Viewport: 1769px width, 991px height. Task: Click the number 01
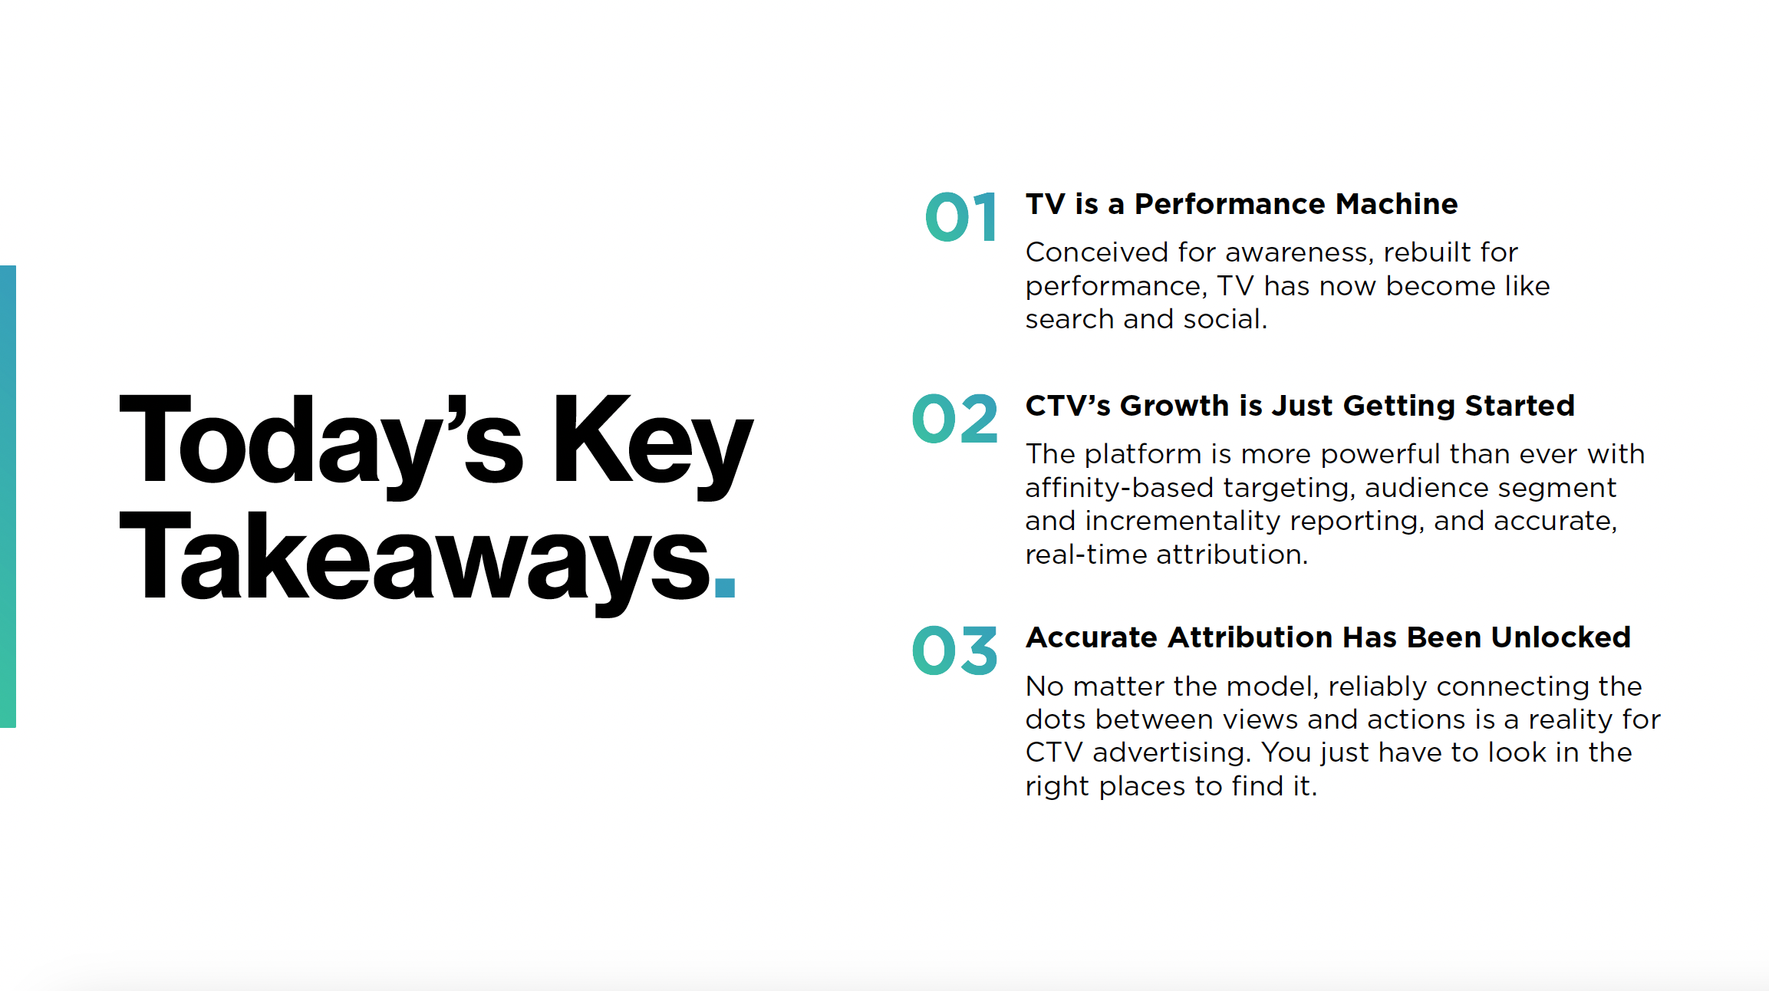960,217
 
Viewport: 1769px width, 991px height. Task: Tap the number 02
954,419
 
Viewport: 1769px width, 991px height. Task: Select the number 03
954,651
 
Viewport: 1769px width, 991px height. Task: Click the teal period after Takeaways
724,587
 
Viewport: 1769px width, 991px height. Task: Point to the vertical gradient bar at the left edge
8,496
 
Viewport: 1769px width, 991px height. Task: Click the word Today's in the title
321,441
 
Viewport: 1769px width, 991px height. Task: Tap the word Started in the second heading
1519,406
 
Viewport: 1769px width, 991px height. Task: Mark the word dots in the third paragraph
1056,719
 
